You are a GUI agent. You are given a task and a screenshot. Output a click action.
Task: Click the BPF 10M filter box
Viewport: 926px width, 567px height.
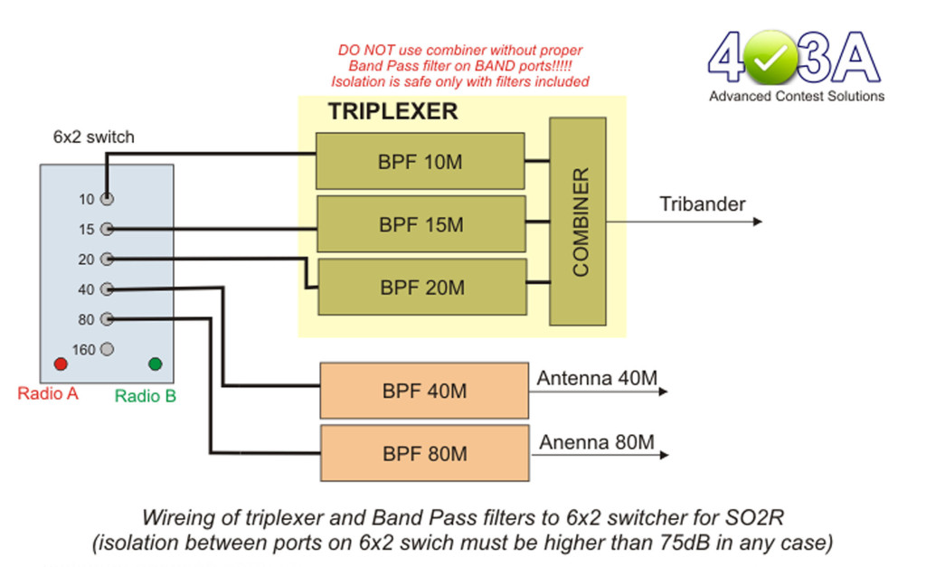pyautogui.click(x=420, y=161)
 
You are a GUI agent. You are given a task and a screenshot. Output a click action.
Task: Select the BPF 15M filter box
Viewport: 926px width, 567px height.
pyautogui.click(x=421, y=224)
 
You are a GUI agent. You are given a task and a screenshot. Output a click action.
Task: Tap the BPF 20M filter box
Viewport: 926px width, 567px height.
pyautogui.click(x=422, y=287)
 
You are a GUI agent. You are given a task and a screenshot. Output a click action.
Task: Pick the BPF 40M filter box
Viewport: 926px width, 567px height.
pyautogui.click(x=424, y=391)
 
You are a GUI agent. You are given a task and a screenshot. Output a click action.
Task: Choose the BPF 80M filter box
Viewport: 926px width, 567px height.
pyautogui.click(x=425, y=453)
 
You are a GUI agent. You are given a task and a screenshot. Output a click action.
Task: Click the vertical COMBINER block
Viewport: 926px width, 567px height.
pyautogui.click(x=578, y=222)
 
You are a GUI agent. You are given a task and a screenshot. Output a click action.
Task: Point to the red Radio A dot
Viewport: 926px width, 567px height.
pyautogui.click(x=61, y=364)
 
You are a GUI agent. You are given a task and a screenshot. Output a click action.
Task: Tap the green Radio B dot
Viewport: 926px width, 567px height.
pyautogui.click(x=156, y=364)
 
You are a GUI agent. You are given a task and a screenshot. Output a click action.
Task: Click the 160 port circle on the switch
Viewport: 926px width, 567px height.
pyautogui.click(x=107, y=349)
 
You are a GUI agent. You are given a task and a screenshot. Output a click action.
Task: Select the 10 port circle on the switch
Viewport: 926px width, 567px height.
pyautogui.click(x=107, y=199)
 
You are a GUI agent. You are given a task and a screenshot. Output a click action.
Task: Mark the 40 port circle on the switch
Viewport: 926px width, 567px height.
pyautogui.click(x=107, y=288)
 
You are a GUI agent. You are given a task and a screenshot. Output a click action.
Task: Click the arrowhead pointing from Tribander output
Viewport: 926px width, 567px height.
pyautogui.click(x=758, y=222)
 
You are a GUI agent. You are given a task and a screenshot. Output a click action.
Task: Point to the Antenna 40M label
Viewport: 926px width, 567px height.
pyautogui.click(x=597, y=378)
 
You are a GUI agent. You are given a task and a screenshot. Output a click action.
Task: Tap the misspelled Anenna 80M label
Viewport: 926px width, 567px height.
pyautogui.click(x=597, y=442)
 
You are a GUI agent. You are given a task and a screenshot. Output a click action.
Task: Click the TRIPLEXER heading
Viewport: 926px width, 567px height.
pyautogui.click(x=392, y=111)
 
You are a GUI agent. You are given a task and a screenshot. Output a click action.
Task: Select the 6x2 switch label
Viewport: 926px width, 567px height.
pyautogui.click(x=94, y=137)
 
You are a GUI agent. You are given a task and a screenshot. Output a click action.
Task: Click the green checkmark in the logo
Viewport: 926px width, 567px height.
pyautogui.click(x=770, y=59)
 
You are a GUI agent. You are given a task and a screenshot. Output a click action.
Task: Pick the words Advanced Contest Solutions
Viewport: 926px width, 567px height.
pyautogui.click(x=797, y=96)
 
